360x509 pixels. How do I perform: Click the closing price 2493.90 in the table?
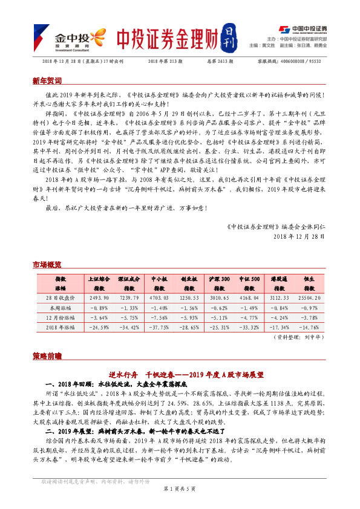[99, 299]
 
